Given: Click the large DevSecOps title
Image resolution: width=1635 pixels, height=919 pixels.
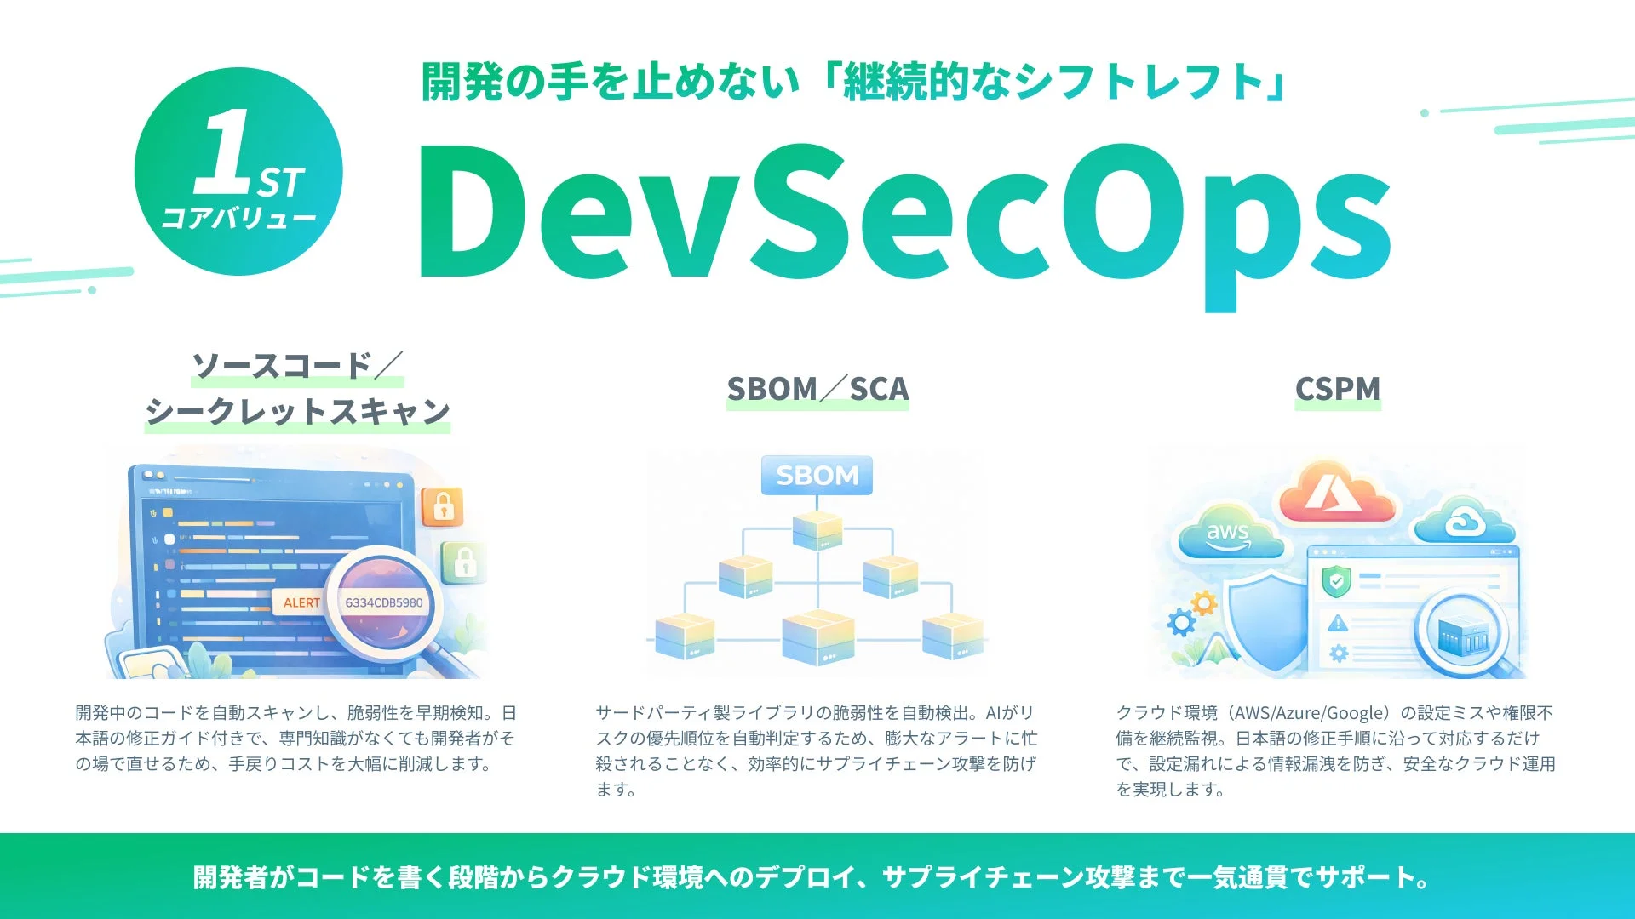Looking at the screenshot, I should pyautogui.click(x=903, y=217).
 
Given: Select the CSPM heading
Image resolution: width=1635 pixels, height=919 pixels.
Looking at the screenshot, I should pyautogui.click(x=1337, y=389).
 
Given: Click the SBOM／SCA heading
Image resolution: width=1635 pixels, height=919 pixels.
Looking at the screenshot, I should pyautogui.click(x=817, y=389).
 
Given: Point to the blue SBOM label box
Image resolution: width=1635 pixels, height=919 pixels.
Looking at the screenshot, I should pyautogui.click(x=817, y=475).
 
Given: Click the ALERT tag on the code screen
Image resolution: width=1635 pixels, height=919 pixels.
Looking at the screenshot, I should pyautogui.click(x=301, y=602).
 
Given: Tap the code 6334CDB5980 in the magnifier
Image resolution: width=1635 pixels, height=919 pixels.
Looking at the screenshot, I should pyautogui.click(x=383, y=602).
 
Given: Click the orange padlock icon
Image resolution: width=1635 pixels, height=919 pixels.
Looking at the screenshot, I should pyautogui.click(x=443, y=507).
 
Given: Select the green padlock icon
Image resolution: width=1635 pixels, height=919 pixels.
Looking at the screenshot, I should pyautogui.click(x=464, y=562).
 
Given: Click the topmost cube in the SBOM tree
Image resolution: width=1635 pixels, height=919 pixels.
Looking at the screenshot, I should pyautogui.click(x=817, y=529).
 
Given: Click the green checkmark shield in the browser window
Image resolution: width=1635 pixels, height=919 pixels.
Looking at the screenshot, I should pyautogui.click(x=1336, y=582).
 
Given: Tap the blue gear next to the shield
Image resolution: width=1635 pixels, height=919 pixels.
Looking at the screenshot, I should pyautogui.click(x=1181, y=623).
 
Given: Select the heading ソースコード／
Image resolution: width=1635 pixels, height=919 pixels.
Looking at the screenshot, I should pyautogui.click(x=296, y=366).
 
